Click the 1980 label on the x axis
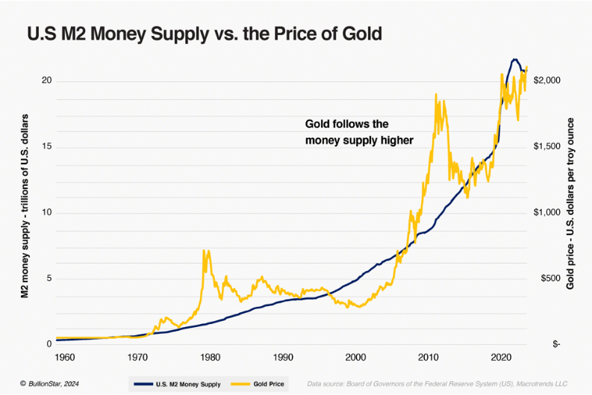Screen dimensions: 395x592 pyautogui.click(x=210, y=357)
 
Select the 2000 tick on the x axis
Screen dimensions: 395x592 pyautogui.click(x=356, y=357)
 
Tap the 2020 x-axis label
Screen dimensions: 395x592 pyautogui.click(x=502, y=357)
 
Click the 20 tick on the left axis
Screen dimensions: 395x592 pyautogui.click(x=46, y=81)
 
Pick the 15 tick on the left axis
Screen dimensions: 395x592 pyautogui.click(x=46, y=146)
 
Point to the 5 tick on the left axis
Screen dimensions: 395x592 pyautogui.click(x=49, y=279)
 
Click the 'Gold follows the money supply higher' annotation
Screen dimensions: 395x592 pyautogui.click(x=359, y=131)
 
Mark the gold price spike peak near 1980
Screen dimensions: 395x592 pyautogui.click(x=204, y=251)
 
